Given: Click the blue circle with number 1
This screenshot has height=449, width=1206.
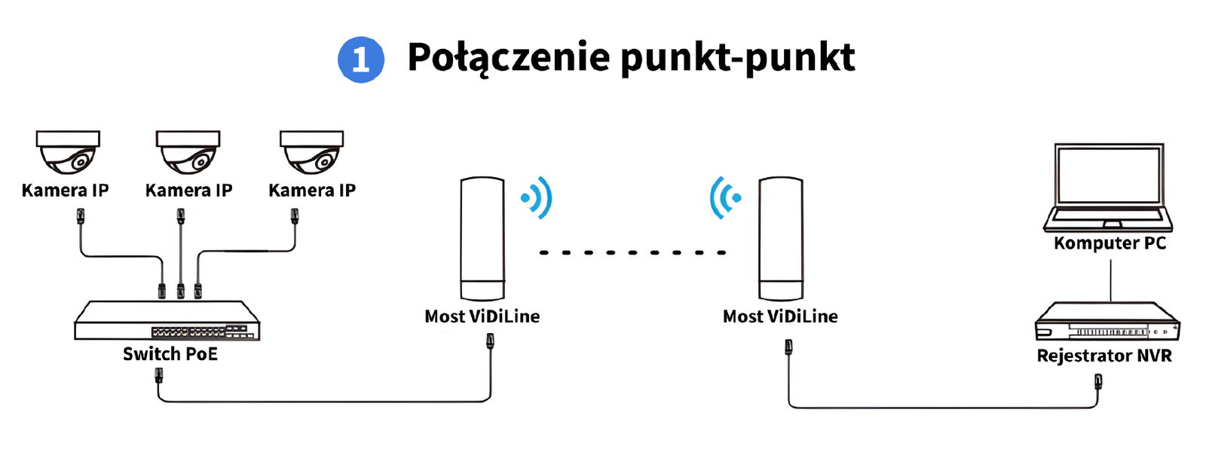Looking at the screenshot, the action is (361, 60).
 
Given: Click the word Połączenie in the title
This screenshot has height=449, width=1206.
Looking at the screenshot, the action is (509, 58).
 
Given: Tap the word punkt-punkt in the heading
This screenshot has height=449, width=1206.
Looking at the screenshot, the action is (738, 58).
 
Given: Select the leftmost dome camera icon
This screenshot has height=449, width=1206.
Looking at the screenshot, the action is (69, 152).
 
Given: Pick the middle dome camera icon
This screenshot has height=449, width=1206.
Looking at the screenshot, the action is (188, 152).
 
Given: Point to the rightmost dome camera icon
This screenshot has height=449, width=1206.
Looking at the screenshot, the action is (312, 152).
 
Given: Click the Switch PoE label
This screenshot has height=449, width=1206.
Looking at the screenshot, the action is (170, 354).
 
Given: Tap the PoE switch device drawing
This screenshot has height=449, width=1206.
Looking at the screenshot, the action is (167, 320).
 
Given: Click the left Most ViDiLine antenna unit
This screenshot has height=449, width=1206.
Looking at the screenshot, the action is (482, 239).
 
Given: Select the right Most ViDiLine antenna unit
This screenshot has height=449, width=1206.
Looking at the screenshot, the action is (781, 239).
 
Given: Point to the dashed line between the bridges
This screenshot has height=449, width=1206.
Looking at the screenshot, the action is (632, 252).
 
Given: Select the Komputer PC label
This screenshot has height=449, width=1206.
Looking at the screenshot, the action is (1110, 243).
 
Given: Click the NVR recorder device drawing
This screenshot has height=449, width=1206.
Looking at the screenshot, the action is (1107, 322).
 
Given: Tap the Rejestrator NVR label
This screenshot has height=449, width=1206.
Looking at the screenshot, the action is (1104, 356).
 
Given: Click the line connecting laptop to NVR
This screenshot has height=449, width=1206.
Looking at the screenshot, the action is (1111, 280).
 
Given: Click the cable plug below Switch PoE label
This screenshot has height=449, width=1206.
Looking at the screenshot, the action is (159, 375).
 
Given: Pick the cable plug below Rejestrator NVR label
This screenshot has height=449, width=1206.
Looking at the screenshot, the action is (1097, 383).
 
